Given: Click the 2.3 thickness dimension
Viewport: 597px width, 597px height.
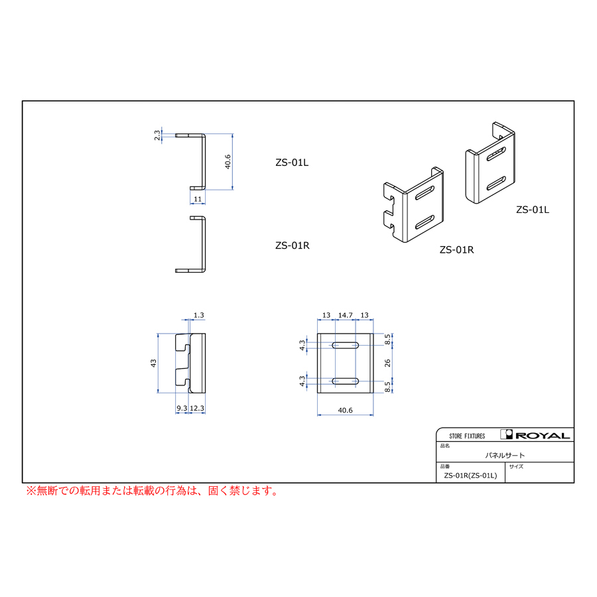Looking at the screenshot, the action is tap(157, 135).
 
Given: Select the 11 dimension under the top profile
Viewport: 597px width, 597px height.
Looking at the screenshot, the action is tap(198, 199).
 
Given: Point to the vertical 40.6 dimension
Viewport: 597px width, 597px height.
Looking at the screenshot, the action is tap(228, 161).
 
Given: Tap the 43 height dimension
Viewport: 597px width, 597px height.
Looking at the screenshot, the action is tap(153, 363).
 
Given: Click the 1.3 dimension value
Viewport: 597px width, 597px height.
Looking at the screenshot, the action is tap(199, 315).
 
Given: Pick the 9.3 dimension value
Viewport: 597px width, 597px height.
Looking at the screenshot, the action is tap(182, 408).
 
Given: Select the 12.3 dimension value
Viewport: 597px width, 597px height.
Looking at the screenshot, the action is tap(197, 408).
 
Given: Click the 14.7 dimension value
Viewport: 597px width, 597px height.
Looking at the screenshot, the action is tap(346, 315).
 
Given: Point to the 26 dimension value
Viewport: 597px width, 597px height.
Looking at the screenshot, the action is tap(387, 363).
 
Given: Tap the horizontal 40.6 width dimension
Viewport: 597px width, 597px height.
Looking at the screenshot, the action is tap(346, 410).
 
